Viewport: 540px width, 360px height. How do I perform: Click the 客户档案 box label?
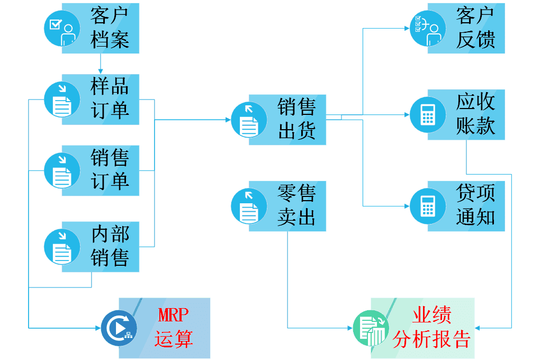click(x=110, y=28)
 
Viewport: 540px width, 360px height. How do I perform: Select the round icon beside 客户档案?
click(x=61, y=28)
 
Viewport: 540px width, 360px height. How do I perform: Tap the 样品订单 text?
click(x=110, y=98)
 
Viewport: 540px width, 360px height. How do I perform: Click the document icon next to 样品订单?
click(x=61, y=99)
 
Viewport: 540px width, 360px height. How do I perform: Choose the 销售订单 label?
click(x=110, y=170)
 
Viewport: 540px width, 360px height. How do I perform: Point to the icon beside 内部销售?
click(x=61, y=247)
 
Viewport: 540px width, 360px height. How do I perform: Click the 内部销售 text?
click(x=110, y=246)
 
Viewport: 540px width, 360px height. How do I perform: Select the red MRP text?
click(x=173, y=316)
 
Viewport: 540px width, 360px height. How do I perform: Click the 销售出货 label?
click(x=296, y=119)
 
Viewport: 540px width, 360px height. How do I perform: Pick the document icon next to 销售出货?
click(x=249, y=120)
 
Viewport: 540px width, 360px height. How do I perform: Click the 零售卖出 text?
click(x=296, y=205)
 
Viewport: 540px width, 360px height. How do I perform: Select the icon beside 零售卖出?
click(x=249, y=206)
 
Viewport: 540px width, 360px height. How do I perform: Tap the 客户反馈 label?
click(x=475, y=28)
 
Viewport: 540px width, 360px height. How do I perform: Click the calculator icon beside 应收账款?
click(x=427, y=114)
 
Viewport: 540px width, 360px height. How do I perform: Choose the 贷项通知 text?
click(x=475, y=205)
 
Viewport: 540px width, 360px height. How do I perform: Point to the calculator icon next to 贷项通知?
click(x=427, y=206)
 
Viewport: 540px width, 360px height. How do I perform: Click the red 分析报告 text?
click(x=431, y=339)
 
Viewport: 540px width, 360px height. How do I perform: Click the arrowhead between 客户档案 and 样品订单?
click(x=100, y=71)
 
